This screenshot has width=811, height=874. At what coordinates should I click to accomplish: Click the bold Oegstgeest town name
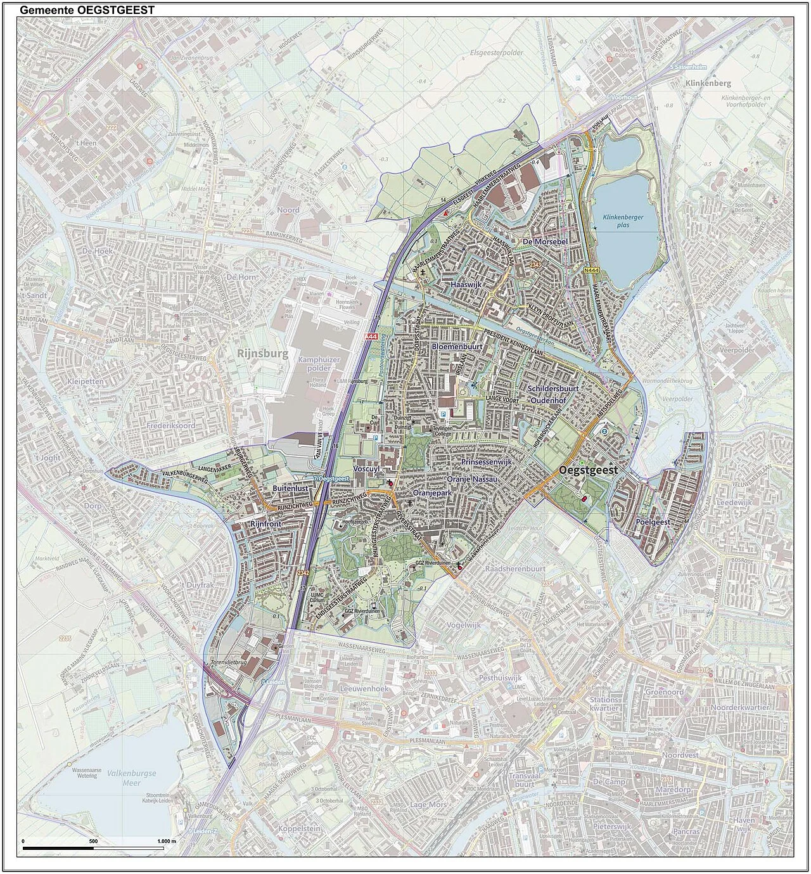(x=589, y=470)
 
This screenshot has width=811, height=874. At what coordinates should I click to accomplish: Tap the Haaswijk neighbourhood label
(x=466, y=286)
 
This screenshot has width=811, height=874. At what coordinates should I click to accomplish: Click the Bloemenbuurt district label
(x=457, y=347)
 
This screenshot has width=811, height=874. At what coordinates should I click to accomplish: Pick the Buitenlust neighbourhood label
(x=290, y=489)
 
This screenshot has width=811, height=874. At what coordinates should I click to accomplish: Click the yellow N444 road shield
(x=591, y=271)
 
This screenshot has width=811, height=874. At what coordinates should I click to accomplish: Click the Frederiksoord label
(x=167, y=427)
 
